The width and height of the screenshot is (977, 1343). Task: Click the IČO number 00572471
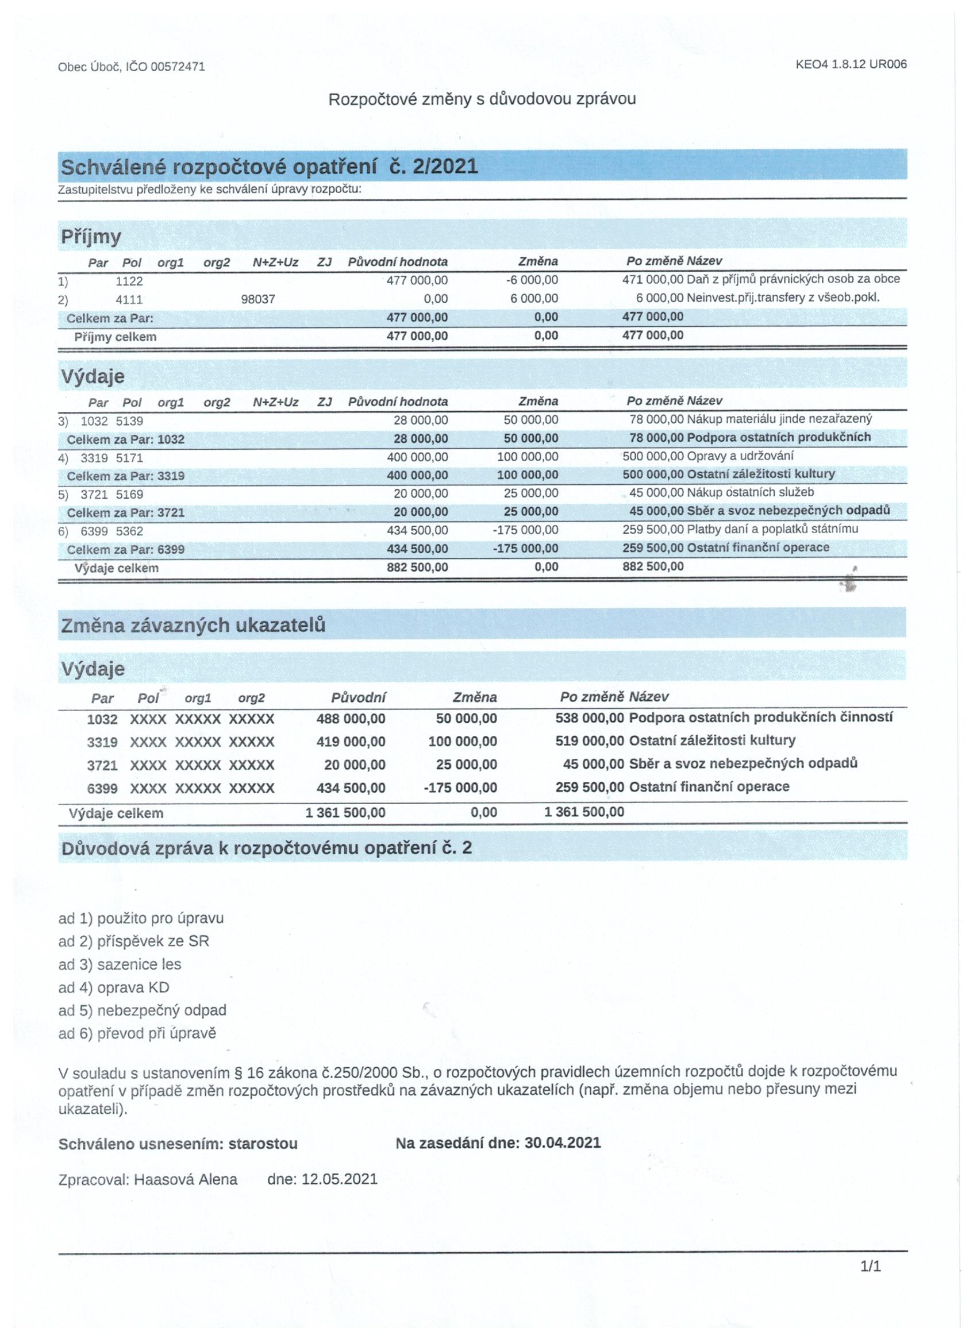tap(178, 67)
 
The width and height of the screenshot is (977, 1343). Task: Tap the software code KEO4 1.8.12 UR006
tap(851, 64)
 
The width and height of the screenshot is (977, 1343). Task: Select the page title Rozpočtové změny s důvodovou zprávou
tap(482, 99)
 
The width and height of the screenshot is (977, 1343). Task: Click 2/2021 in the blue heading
tap(445, 167)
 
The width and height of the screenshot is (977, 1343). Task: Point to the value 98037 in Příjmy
tap(257, 300)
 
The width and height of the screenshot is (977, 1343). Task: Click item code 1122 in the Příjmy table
tap(129, 281)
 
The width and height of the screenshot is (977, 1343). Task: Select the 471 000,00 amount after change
tap(652, 280)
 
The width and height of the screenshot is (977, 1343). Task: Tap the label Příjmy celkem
tap(116, 337)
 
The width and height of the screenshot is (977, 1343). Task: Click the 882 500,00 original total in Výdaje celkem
tap(417, 568)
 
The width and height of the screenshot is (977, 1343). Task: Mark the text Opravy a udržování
tap(740, 456)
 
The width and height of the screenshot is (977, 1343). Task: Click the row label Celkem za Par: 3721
tap(126, 513)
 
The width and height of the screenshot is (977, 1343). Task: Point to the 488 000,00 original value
tap(350, 719)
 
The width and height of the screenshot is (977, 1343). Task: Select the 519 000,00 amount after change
tap(589, 741)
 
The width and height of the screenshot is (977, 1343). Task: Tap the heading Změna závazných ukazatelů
tap(193, 626)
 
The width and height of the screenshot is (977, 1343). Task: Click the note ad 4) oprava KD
tap(114, 987)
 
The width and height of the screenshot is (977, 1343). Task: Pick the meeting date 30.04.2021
tap(562, 1143)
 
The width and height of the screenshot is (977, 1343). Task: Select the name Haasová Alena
tap(186, 1179)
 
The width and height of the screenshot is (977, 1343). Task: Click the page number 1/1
tap(870, 1267)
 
